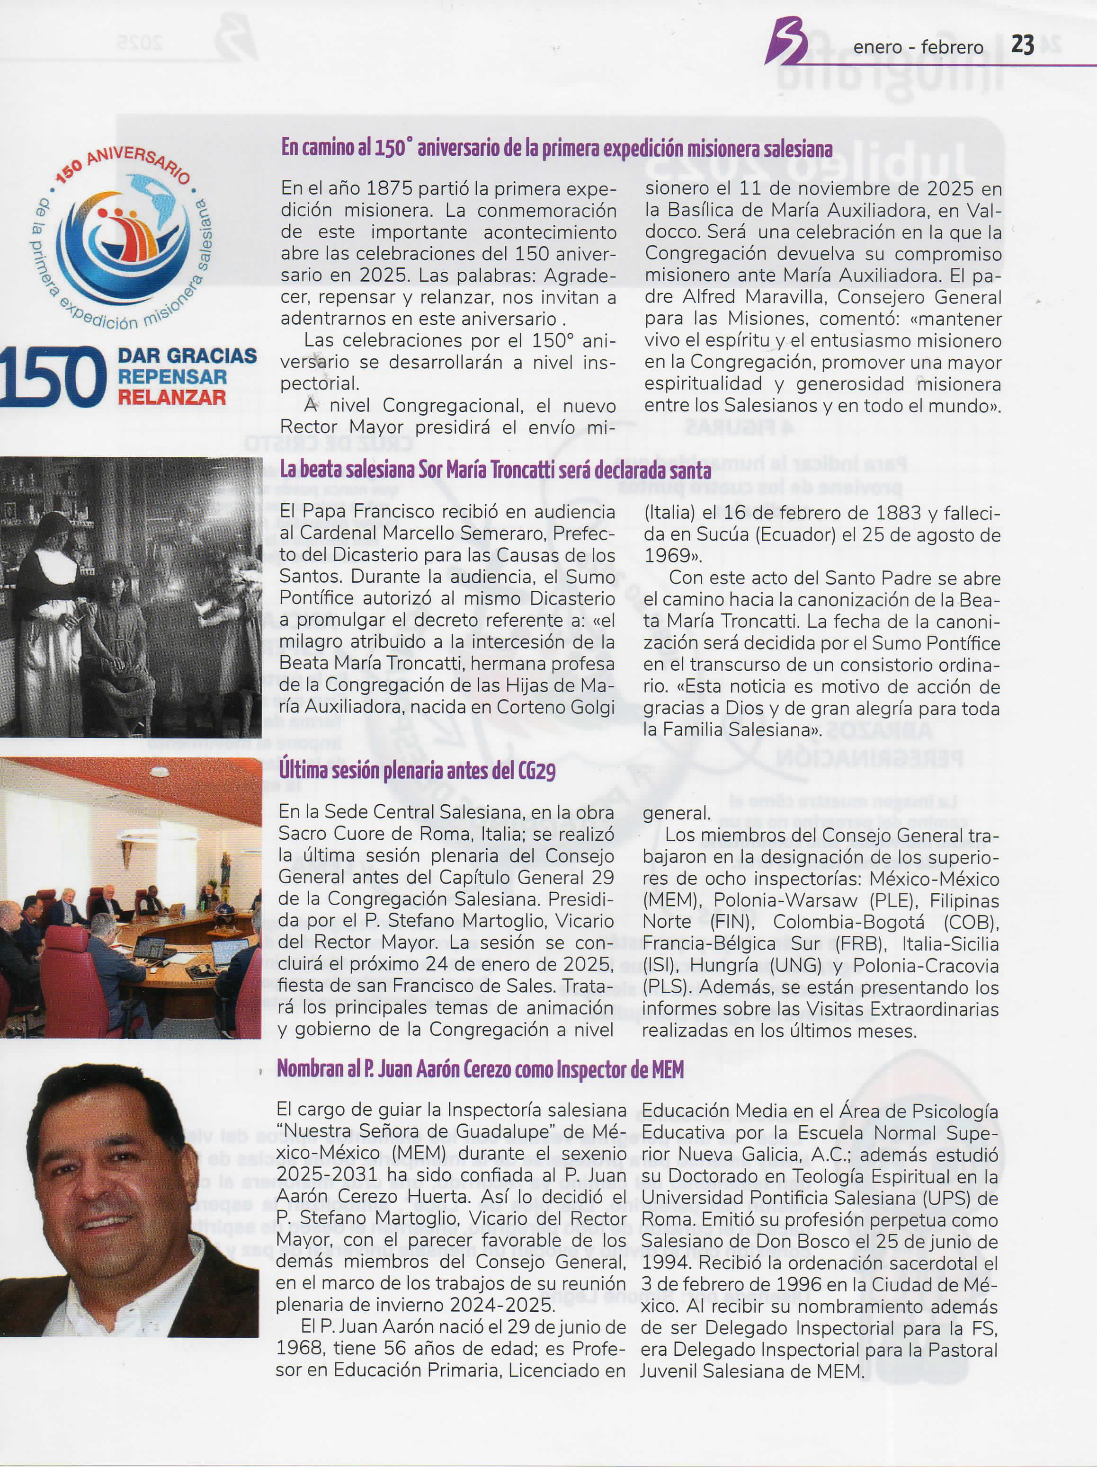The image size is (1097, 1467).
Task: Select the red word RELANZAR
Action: coord(172,397)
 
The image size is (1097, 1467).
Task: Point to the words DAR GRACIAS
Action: coord(187,356)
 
